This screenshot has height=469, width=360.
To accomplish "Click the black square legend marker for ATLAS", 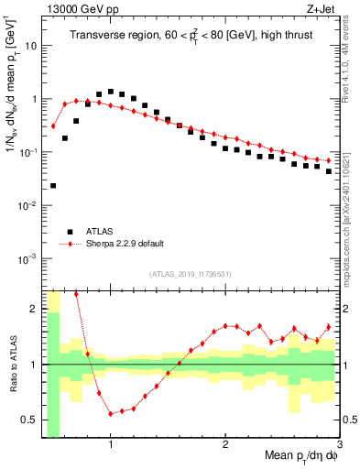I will pyautogui.click(x=66, y=231).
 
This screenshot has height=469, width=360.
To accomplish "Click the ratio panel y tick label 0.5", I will pyautogui.click(x=32, y=420).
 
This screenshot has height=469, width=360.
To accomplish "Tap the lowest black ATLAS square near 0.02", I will pyautogui.click(x=53, y=185).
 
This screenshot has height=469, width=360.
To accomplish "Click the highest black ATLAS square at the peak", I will pyautogui.click(x=111, y=92).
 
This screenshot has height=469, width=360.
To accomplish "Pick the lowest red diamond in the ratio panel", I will pyautogui.click(x=111, y=413).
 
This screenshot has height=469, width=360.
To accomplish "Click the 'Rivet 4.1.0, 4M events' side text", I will pyautogui.click(x=352, y=55).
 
